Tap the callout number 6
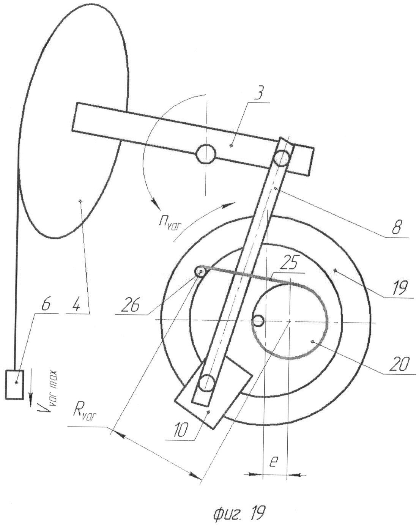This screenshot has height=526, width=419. [x=46, y=304]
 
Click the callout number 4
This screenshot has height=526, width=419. [x=76, y=304]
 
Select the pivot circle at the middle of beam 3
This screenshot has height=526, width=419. [x=206, y=154]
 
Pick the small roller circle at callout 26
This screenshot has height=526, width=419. [x=200, y=272]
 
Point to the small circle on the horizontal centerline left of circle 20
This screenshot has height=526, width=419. [x=258, y=321]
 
